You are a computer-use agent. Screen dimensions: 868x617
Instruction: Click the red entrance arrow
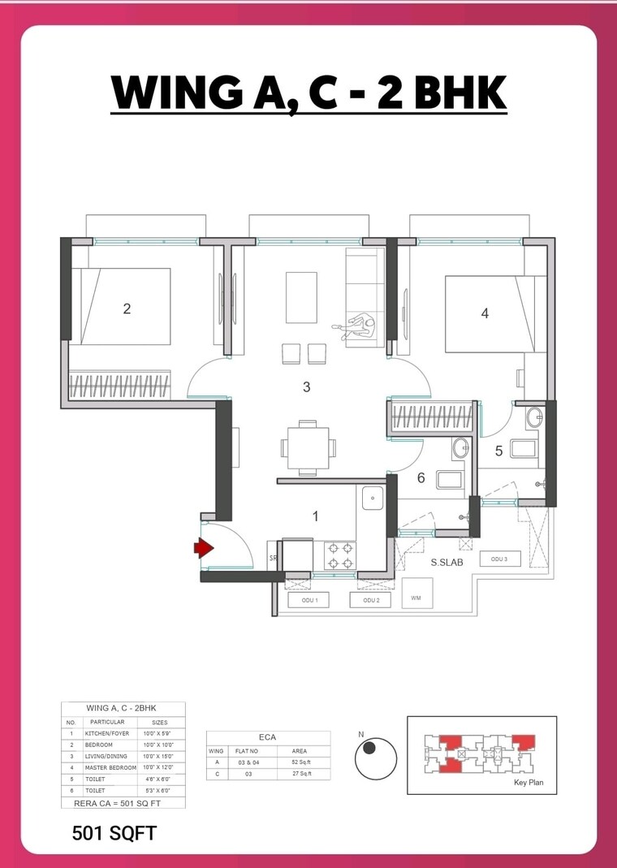point(203,549)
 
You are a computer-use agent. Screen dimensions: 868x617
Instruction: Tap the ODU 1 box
point(309,600)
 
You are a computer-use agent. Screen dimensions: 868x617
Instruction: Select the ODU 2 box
point(370,600)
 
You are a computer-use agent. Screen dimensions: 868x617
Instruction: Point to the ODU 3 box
point(498,559)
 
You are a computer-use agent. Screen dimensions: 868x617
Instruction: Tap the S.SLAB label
point(447,561)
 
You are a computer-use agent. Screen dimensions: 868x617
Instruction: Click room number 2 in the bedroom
point(127,309)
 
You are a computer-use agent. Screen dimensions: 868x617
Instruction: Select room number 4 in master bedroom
point(485,313)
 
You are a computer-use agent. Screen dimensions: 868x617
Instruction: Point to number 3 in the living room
point(306,387)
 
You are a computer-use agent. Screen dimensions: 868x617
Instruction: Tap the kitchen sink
point(373,497)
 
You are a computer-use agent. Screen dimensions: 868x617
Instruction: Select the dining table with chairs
point(307,447)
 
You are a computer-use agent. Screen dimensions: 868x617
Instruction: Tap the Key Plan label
point(529,784)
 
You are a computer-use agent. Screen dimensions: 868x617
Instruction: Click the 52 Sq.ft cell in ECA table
point(299,762)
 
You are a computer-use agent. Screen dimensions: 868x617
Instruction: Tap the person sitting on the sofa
point(360,326)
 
